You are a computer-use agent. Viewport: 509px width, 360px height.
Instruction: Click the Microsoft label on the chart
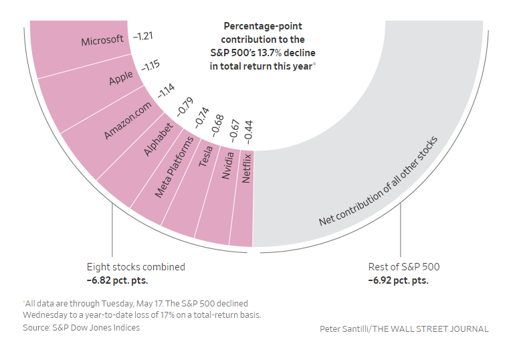(x=102, y=41)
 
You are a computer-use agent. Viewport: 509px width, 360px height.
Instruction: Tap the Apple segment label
(x=121, y=79)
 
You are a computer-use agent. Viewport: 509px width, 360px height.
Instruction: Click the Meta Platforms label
(x=175, y=167)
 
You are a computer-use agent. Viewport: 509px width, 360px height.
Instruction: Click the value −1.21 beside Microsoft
(x=143, y=35)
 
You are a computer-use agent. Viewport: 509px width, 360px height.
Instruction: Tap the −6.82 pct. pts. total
(x=117, y=280)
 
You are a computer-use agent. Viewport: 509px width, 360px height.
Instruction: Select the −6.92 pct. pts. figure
(x=398, y=280)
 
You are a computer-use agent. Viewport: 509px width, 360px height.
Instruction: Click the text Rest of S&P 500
(x=404, y=267)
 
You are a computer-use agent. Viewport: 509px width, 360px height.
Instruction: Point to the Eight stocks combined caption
(x=136, y=267)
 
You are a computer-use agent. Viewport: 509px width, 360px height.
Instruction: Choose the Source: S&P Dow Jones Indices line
(x=82, y=327)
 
